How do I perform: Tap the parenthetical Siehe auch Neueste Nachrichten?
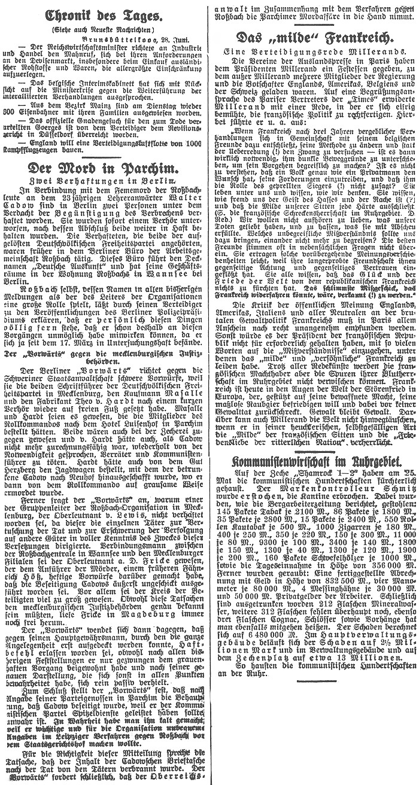click(104, 28)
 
